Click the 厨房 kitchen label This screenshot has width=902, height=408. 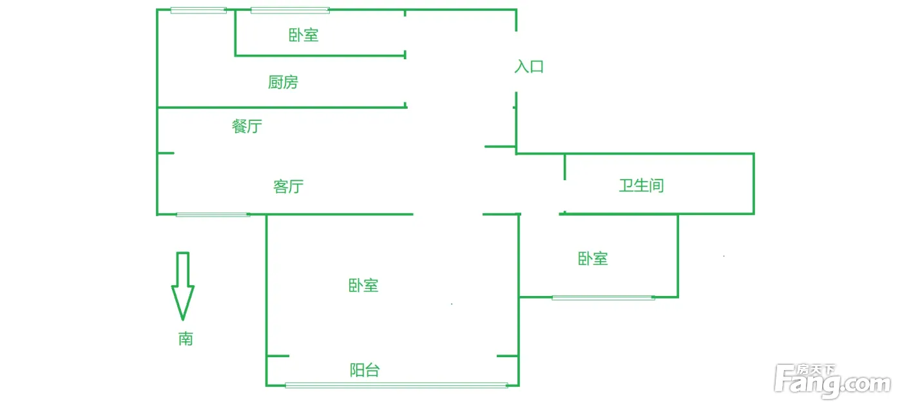tap(283, 82)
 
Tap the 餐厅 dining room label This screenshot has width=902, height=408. tap(247, 126)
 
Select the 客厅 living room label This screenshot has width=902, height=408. tap(288, 187)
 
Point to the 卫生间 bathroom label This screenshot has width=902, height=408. tap(641, 186)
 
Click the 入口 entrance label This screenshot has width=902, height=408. tap(529, 66)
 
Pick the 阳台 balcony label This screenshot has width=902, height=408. tap(364, 370)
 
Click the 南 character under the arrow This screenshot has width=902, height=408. tap(186, 338)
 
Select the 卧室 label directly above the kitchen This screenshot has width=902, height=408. tap(303, 35)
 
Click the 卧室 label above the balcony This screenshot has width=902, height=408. tap(363, 285)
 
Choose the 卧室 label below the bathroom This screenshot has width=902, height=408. tap(593, 259)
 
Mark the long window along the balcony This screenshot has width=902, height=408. tap(396, 385)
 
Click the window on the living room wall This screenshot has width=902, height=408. tap(213, 214)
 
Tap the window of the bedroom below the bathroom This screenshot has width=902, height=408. tap(603, 297)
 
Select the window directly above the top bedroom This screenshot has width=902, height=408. tap(290, 10)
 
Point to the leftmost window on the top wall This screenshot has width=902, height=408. tap(198, 10)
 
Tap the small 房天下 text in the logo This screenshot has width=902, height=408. tap(816, 370)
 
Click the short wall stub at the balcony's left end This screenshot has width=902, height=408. tap(278, 356)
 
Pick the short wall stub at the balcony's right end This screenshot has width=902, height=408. tap(508, 356)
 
